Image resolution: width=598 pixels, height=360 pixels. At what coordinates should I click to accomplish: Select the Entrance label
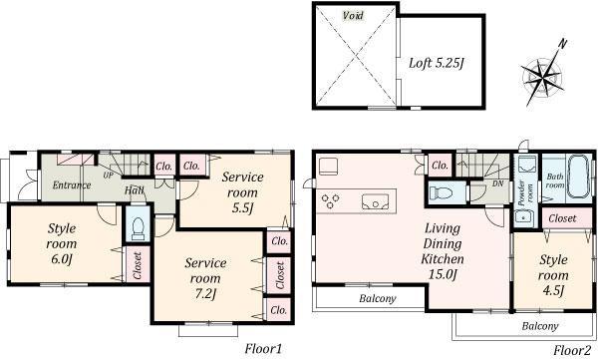point(72,184)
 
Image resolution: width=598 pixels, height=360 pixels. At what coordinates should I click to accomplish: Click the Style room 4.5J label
point(553,274)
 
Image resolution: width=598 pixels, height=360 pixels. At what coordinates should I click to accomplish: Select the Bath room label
point(555,182)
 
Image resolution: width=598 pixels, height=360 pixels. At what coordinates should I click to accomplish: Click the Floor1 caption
point(264,349)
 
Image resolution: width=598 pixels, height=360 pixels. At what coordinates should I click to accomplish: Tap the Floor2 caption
point(573,349)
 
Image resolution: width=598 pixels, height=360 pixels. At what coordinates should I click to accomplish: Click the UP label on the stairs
point(109,176)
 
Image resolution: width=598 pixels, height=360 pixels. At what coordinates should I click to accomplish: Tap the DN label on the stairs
point(498,183)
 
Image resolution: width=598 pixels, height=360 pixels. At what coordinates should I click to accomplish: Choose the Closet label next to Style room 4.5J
point(561,217)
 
